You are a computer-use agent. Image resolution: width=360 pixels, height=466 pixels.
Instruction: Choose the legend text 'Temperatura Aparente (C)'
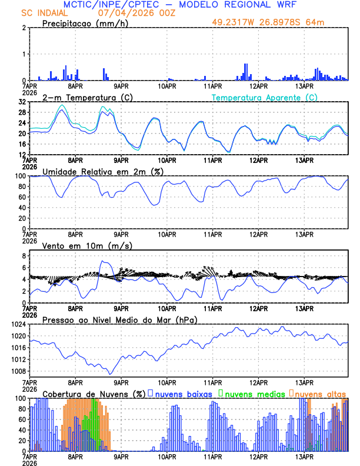(264, 97)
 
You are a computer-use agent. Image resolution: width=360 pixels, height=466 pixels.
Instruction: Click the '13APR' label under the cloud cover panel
(304, 457)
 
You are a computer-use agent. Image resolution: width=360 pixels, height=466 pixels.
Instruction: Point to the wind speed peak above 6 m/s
(103, 261)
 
